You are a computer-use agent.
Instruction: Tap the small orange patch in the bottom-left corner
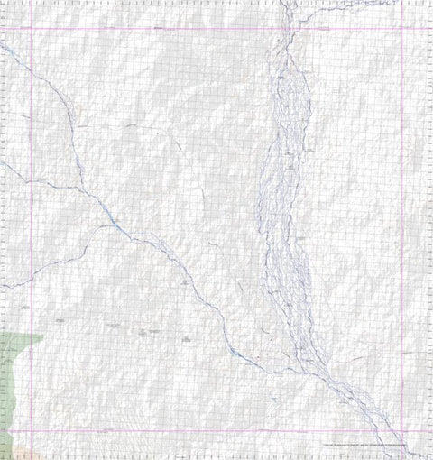pos(11,451)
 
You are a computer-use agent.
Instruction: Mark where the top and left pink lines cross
pos(32,29)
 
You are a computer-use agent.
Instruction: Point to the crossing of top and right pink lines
pos(401,29)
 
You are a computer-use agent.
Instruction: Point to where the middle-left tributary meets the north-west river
pos(84,189)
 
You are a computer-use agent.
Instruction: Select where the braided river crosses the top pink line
pos(289,29)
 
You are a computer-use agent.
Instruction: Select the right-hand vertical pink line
pos(401,225)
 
